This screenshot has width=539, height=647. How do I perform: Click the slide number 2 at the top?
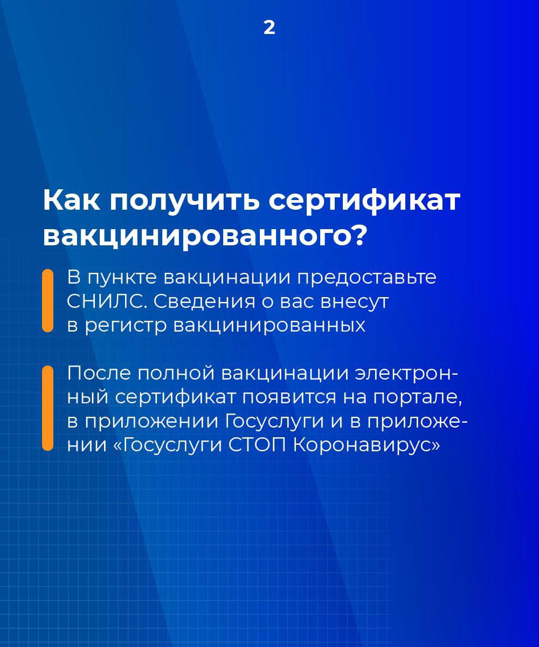pos(269,28)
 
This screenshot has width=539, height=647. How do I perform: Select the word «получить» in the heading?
pos(184,202)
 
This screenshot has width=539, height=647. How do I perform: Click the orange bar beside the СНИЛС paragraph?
pos(48,300)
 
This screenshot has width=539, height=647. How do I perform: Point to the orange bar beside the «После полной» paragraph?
pos(48,407)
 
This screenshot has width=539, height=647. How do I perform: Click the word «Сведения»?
pos(204,301)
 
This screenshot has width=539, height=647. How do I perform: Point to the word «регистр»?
pos(126,326)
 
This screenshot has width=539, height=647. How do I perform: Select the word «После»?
pos(99,373)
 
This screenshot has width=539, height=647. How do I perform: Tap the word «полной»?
pos(176,374)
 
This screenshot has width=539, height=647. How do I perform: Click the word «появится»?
pos(289,397)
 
